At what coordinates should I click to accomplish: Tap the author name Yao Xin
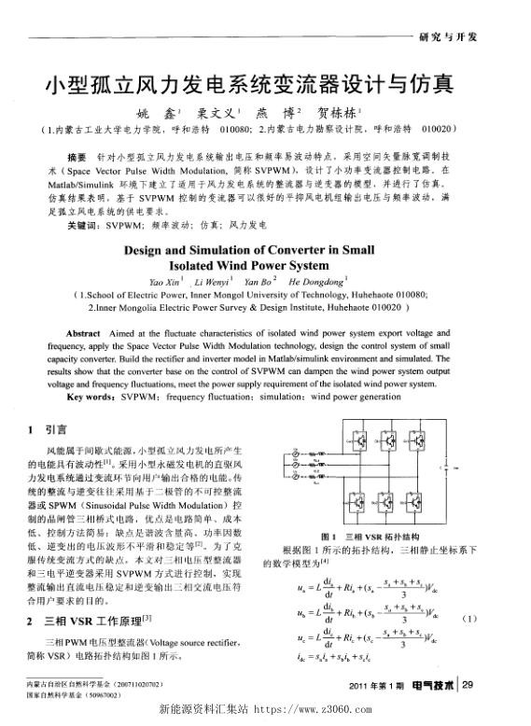pos(165,280)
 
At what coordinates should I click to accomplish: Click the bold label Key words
pos(88,394)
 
